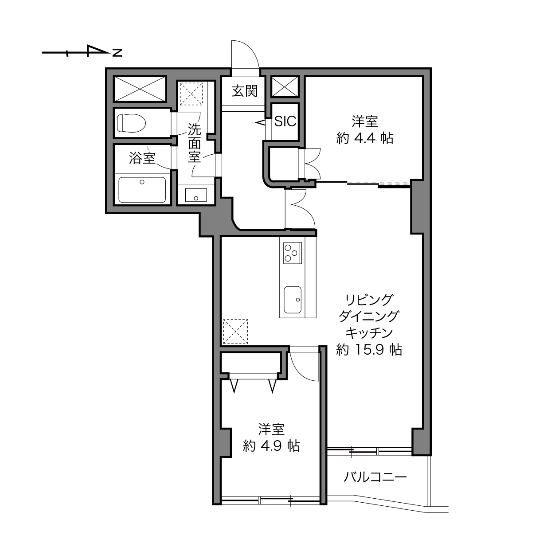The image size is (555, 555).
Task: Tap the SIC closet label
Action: [285, 121]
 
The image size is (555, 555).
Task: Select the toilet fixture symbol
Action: [131, 123]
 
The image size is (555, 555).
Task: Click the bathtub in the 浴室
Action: [142, 190]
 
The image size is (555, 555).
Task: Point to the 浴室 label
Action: [142, 158]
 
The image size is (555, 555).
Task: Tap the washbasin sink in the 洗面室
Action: [196, 195]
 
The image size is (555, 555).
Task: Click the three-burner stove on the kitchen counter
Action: [293, 253]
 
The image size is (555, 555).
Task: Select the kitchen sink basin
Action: [293, 300]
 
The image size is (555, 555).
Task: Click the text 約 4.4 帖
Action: [365, 139]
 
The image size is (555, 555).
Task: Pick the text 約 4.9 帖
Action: [271, 446]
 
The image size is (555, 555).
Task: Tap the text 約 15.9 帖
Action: [369, 350]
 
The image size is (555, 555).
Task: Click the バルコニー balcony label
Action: [375, 477]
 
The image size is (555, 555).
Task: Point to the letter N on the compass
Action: [117, 53]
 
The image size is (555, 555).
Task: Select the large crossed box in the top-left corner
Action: [140, 89]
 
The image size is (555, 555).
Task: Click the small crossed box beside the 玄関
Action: [285, 87]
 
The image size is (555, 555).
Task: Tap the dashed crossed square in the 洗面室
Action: [191, 94]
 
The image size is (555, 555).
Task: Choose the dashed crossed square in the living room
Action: [235, 331]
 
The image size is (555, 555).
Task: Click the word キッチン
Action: [369, 333]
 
